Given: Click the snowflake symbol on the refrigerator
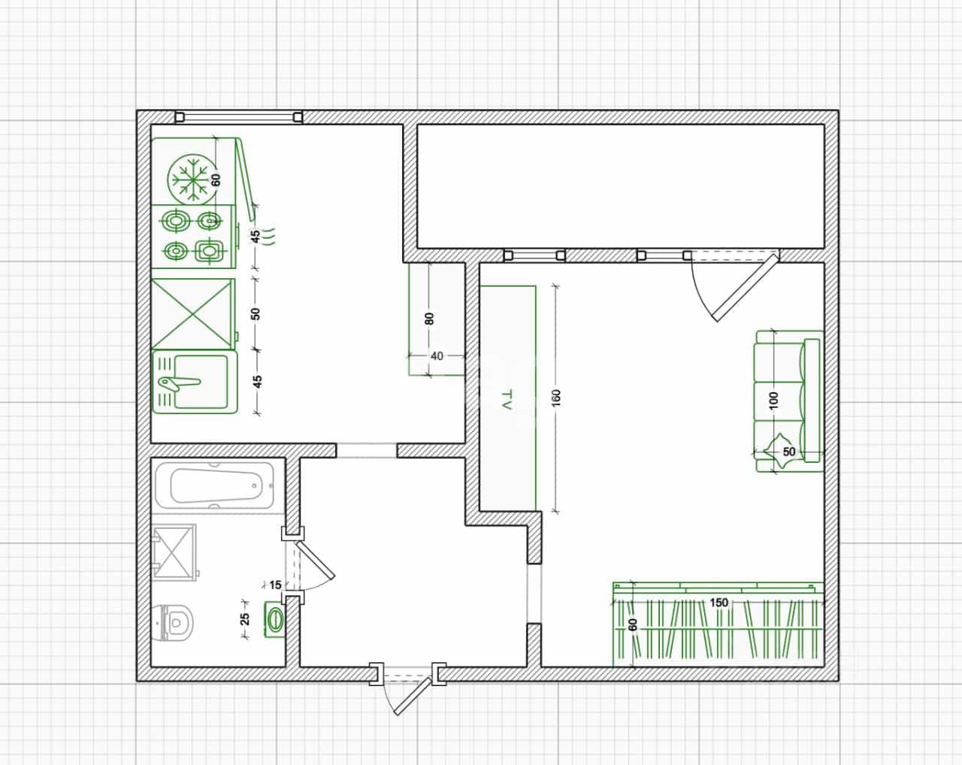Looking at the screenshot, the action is point(192,180).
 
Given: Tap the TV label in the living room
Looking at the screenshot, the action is point(507,400).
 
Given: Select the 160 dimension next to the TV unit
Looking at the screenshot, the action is point(555,398).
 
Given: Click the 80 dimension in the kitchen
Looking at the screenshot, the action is point(429,319).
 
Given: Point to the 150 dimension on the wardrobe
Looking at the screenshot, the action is point(718,602).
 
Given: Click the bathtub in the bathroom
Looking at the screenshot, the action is point(216,485).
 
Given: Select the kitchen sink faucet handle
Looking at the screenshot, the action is point(180,382).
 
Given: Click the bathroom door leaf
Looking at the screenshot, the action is point(315,560).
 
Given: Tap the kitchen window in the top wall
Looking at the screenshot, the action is point(239,117).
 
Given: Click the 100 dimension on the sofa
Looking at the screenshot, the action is point(774,401).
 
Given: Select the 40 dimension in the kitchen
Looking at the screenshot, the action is point(437,356).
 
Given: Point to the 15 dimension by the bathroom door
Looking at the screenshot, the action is point(275,585).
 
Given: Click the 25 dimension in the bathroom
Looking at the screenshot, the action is point(245,618).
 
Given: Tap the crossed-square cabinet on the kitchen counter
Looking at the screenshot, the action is point(193,314).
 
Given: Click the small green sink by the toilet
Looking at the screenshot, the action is point(274,619).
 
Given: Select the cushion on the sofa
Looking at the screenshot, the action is point(776,451).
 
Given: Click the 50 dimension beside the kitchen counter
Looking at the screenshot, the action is point(256,314).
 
